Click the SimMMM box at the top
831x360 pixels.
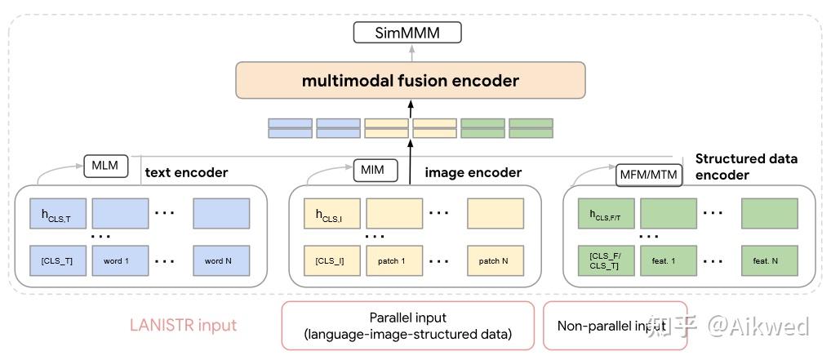407,33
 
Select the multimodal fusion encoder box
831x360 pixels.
410,81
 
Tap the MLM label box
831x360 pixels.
104,167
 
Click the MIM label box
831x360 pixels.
376,171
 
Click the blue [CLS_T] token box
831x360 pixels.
56,261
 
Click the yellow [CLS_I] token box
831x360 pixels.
331,261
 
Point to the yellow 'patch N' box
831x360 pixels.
495,261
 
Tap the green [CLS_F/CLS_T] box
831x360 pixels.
605,261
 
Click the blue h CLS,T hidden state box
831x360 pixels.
56,215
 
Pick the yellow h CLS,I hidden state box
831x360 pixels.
331,215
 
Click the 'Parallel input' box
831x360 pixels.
407,325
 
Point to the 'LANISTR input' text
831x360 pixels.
183,326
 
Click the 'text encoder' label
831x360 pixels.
186,173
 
